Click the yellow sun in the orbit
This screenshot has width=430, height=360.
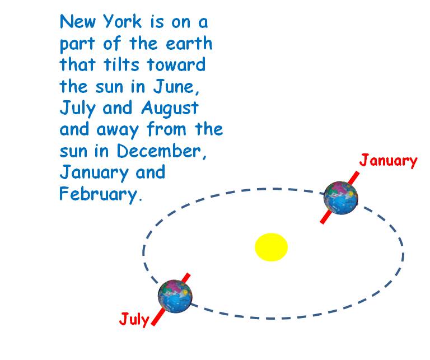pyautogui.click(x=271, y=247)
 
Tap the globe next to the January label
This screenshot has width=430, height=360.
pyautogui.click(x=340, y=198)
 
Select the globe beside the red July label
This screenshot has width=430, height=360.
pyautogui.click(x=175, y=296)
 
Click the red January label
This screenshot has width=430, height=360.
pyautogui.click(x=388, y=161)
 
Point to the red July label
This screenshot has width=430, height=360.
pyautogui.click(x=134, y=319)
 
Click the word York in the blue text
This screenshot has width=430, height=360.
pyautogui.click(x=123, y=21)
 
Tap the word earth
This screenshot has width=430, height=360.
pyautogui.click(x=189, y=43)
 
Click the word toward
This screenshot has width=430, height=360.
pyautogui.click(x=176, y=64)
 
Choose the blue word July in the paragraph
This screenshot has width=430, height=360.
pyautogui.click(x=77, y=108)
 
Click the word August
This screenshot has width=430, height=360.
pyautogui.click(x=170, y=108)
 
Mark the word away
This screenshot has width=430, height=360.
pyautogui.click(x=118, y=130)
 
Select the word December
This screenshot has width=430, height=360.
pyautogui.click(x=161, y=151)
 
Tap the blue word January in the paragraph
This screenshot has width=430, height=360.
pyautogui.click(x=94, y=173)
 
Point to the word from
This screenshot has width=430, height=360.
pyautogui.click(x=166, y=129)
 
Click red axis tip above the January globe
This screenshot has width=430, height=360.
pyautogui.click(x=357, y=172)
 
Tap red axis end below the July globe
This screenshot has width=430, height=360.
pyautogui.click(x=153, y=325)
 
